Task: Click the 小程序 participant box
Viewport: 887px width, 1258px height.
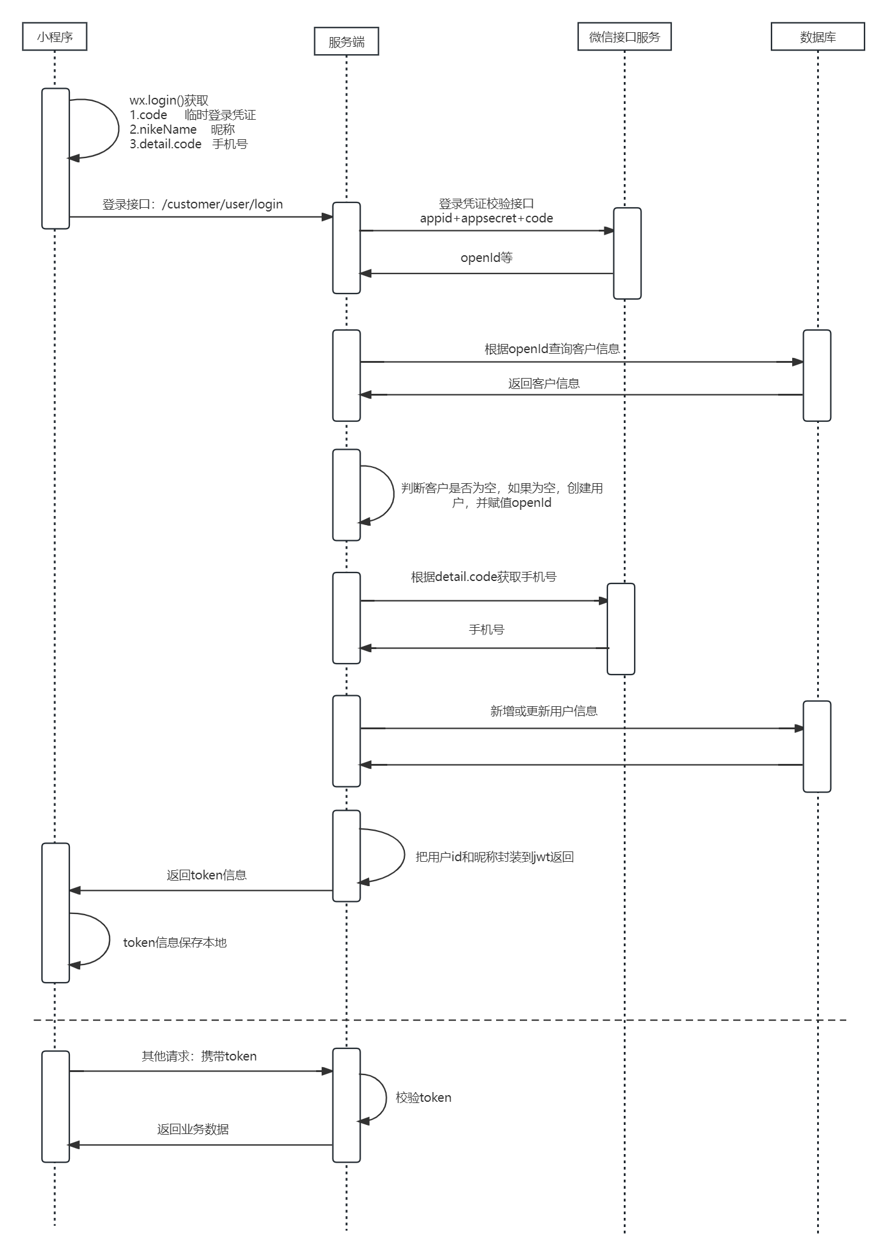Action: coord(55,36)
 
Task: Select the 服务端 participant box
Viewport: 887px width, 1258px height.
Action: coord(346,41)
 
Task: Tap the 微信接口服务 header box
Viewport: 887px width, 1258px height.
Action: coord(624,36)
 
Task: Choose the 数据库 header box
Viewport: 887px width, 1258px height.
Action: coord(818,36)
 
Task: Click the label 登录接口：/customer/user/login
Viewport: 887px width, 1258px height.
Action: coord(193,204)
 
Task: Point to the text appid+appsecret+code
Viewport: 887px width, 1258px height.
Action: coord(486,218)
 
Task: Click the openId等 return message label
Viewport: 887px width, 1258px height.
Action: coord(486,258)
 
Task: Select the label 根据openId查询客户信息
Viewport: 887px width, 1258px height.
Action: coord(552,349)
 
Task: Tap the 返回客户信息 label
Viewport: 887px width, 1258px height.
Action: coord(544,383)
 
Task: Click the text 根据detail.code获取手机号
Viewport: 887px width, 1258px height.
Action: coord(483,577)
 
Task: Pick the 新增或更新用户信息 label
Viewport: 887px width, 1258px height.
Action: coord(544,711)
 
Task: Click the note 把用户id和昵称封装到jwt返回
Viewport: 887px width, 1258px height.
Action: coord(494,857)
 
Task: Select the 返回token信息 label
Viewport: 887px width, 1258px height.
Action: coord(207,875)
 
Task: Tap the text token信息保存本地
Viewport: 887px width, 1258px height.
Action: coord(174,943)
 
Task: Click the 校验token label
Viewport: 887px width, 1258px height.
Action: coord(423,1098)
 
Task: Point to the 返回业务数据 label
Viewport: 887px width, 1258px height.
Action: coord(193,1129)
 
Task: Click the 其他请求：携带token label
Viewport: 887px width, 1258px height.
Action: coord(199,1056)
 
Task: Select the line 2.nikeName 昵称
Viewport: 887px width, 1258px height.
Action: coord(182,129)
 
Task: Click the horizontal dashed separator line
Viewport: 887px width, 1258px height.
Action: coord(486,1020)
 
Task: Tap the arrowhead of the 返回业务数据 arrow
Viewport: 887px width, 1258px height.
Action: coord(74,1145)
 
